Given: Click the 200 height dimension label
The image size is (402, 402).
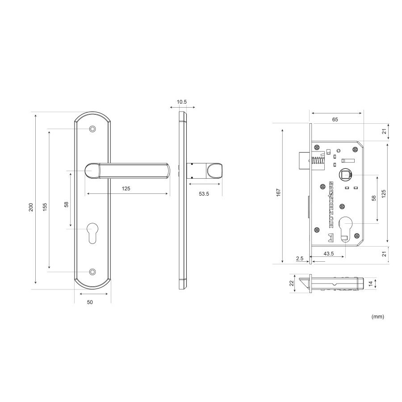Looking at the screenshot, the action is (31, 207).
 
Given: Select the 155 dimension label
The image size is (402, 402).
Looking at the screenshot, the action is (45, 207).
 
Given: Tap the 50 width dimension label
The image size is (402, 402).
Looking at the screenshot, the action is (90, 302).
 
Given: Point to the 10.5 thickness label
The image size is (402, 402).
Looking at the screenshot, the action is (182, 102).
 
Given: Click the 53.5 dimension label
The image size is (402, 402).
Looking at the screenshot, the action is (204, 194).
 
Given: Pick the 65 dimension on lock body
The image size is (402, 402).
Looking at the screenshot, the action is (335, 119).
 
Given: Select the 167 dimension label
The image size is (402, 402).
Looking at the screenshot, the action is (279, 193).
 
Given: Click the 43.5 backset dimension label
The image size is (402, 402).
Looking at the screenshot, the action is (329, 254).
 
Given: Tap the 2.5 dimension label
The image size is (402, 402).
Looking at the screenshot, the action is (300, 259).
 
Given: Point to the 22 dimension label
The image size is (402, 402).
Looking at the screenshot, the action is (291, 283).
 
